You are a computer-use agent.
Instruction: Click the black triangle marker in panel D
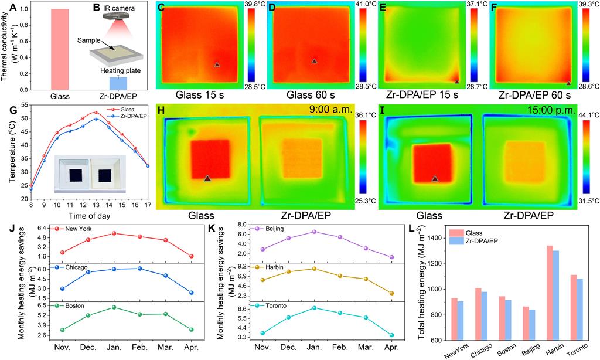tap(314, 61)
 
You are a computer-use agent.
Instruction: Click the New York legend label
tap(80, 227)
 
